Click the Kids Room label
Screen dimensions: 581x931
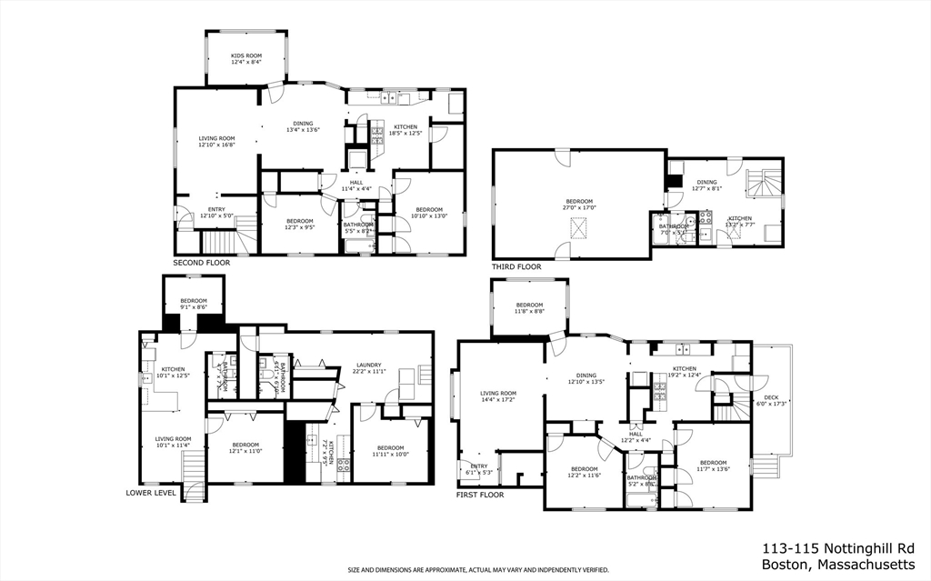point(245,59)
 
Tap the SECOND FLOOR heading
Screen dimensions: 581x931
point(201,263)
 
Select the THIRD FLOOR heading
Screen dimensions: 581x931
point(516,267)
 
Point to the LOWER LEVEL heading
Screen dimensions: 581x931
point(151,494)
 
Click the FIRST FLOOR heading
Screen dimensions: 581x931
point(480,496)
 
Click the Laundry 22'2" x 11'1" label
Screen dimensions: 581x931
point(368,368)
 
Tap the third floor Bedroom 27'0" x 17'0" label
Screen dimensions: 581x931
point(579,205)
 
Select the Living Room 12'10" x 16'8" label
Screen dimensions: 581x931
point(216,142)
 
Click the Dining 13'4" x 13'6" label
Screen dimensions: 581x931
point(303,126)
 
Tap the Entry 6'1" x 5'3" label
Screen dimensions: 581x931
point(479,469)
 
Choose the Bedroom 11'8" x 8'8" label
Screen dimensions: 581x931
point(529,308)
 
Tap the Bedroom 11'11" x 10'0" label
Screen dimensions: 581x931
point(390,451)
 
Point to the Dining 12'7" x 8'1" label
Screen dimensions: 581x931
point(706,186)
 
